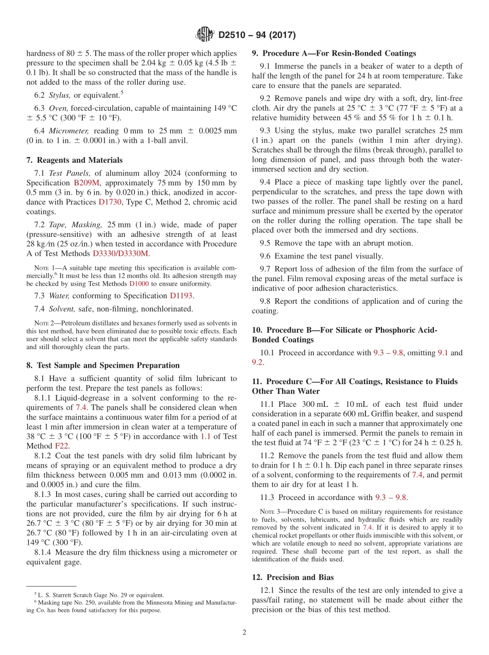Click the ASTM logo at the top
[x=205, y=35]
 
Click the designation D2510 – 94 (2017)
[x=257, y=36]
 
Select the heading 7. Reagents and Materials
[x=74, y=160]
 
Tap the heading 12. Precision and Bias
[x=293, y=577]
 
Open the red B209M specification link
[x=86, y=183]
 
